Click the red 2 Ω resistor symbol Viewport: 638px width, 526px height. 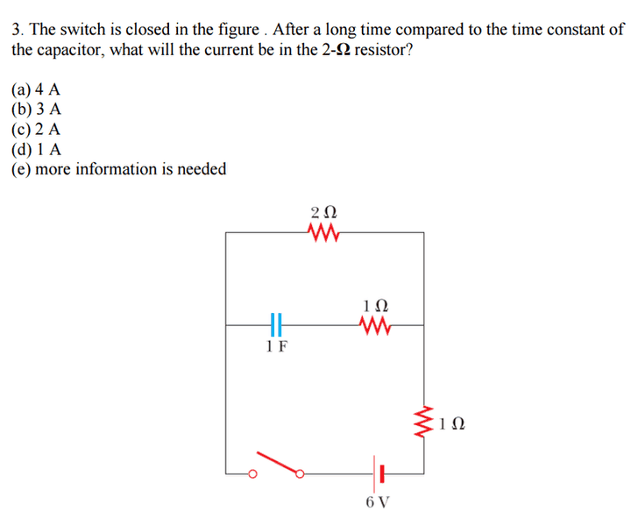pyautogui.click(x=323, y=232)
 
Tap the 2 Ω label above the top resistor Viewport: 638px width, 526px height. pyautogui.click(x=324, y=212)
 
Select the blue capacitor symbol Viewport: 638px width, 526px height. pyautogui.click(x=276, y=325)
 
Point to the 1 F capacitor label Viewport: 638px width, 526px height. pyautogui.click(x=277, y=346)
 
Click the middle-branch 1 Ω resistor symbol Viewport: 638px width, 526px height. pyautogui.click(x=375, y=325)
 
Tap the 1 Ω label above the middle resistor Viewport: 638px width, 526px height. pyautogui.click(x=375, y=305)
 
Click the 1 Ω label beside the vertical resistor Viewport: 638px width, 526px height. pyautogui.click(x=451, y=423)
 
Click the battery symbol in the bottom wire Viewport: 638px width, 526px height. pyautogui.click(x=379, y=474)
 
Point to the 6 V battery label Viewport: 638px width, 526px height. pyautogui.click(x=378, y=502)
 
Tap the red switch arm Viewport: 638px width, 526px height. pyautogui.click(x=278, y=463)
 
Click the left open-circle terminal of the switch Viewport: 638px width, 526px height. pyautogui.click(x=252, y=474)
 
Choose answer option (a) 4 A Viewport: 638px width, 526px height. pyautogui.click(x=36, y=89)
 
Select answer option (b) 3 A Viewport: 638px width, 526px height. pyautogui.click(x=36, y=109)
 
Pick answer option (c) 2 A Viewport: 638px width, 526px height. pyautogui.click(x=36, y=129)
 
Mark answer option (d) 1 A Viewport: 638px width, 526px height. pyautogui.click(x=36, y=149)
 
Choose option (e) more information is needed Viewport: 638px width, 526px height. pyautogui.click(x=119, y=169)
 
